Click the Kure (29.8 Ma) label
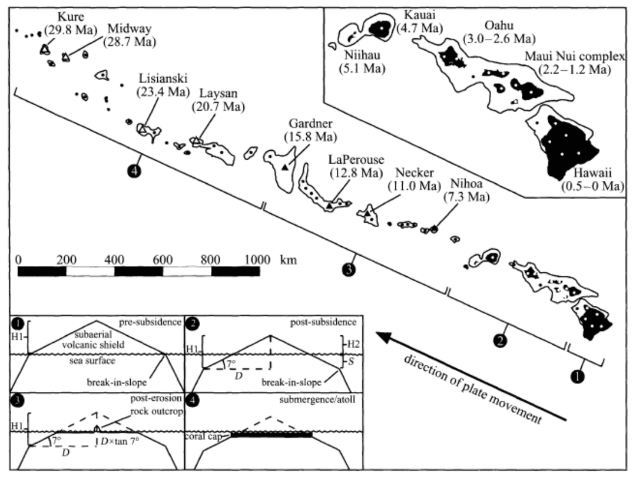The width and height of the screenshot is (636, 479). click(65, 21)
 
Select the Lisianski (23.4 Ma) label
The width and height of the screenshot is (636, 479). click(160, 85)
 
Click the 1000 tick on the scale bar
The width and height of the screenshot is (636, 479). click(258, 260)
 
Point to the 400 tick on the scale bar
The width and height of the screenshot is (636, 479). click(114, 260)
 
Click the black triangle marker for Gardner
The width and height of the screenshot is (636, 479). click(285, 167)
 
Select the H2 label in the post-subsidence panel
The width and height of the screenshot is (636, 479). click(351, 343)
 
